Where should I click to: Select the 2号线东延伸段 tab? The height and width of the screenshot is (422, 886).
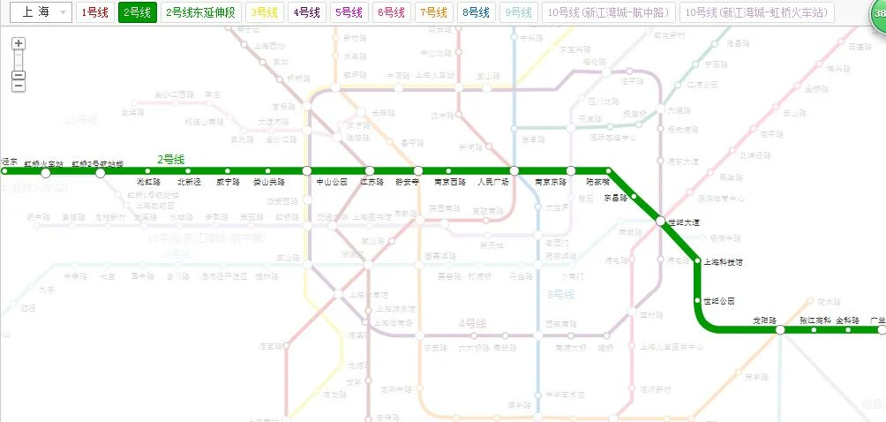(202, 12)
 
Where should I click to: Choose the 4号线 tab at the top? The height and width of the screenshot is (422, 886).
(306, 12)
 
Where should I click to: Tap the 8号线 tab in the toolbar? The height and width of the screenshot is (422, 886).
(476, 12)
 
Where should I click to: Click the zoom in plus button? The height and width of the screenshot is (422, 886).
(19, 43)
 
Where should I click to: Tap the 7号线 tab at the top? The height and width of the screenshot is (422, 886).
(433, 12)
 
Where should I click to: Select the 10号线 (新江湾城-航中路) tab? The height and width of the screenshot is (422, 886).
(608, 12)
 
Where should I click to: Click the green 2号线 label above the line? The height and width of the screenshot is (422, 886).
(171, 160)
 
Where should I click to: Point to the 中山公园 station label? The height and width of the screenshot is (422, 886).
(332, 182)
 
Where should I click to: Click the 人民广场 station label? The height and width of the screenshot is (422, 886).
(493, 182)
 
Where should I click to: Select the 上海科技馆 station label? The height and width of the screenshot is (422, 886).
(722, 262)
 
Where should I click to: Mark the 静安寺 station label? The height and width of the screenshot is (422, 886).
(411, 182)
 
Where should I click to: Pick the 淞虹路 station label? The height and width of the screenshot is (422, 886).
(147, 182)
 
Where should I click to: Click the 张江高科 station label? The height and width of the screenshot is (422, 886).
(815, 320)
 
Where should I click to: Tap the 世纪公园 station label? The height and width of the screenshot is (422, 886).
(718, 300)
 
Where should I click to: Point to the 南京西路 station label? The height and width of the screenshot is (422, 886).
(450, 182)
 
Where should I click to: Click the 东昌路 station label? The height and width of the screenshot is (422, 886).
(614, 198)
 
